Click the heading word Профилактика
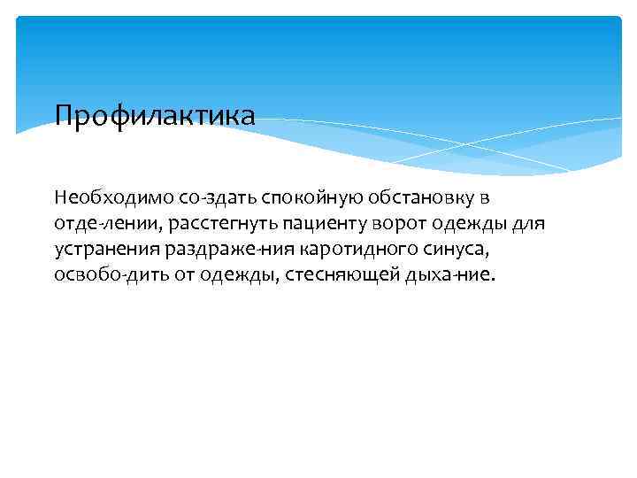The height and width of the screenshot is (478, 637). tap(155, 115)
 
